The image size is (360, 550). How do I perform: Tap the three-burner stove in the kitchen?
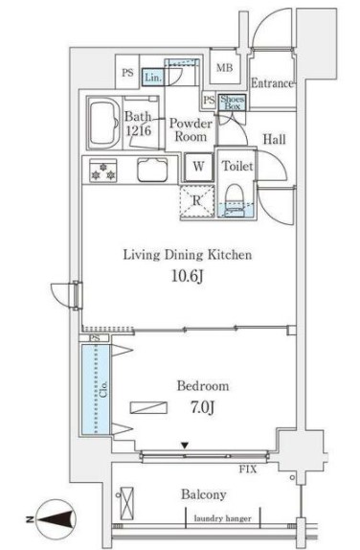(x=103, y=171)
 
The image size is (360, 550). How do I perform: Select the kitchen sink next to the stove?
(x=152, y=171)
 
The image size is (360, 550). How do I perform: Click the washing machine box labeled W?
(x=199, y=167)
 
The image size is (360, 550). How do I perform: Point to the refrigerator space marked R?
(x=197, y=201)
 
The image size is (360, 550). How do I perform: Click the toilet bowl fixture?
(x=235, y=200)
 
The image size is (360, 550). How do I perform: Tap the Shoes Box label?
(x=232, y=103)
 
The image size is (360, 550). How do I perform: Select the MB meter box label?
(x=224, y=67)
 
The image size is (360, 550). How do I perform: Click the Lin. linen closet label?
(x=153, y=77)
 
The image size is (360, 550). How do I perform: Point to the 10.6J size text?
(x=188, y=276)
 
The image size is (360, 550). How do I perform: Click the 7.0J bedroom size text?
(x=203, y=407)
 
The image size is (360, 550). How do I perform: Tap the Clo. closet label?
(x=103, y=389)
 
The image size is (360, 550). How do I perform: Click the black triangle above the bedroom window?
(x=185, y=446)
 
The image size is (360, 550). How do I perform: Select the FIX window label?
(x=248, y=469)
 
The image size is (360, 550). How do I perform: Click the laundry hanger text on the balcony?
(x=222, y=518)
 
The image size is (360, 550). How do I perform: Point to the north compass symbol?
(x=56, y=519)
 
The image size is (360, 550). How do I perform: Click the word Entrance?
(x=272, y=83)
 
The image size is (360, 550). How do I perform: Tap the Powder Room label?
(x=191, y=129)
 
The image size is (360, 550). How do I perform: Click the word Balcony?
(x=204, y=494)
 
